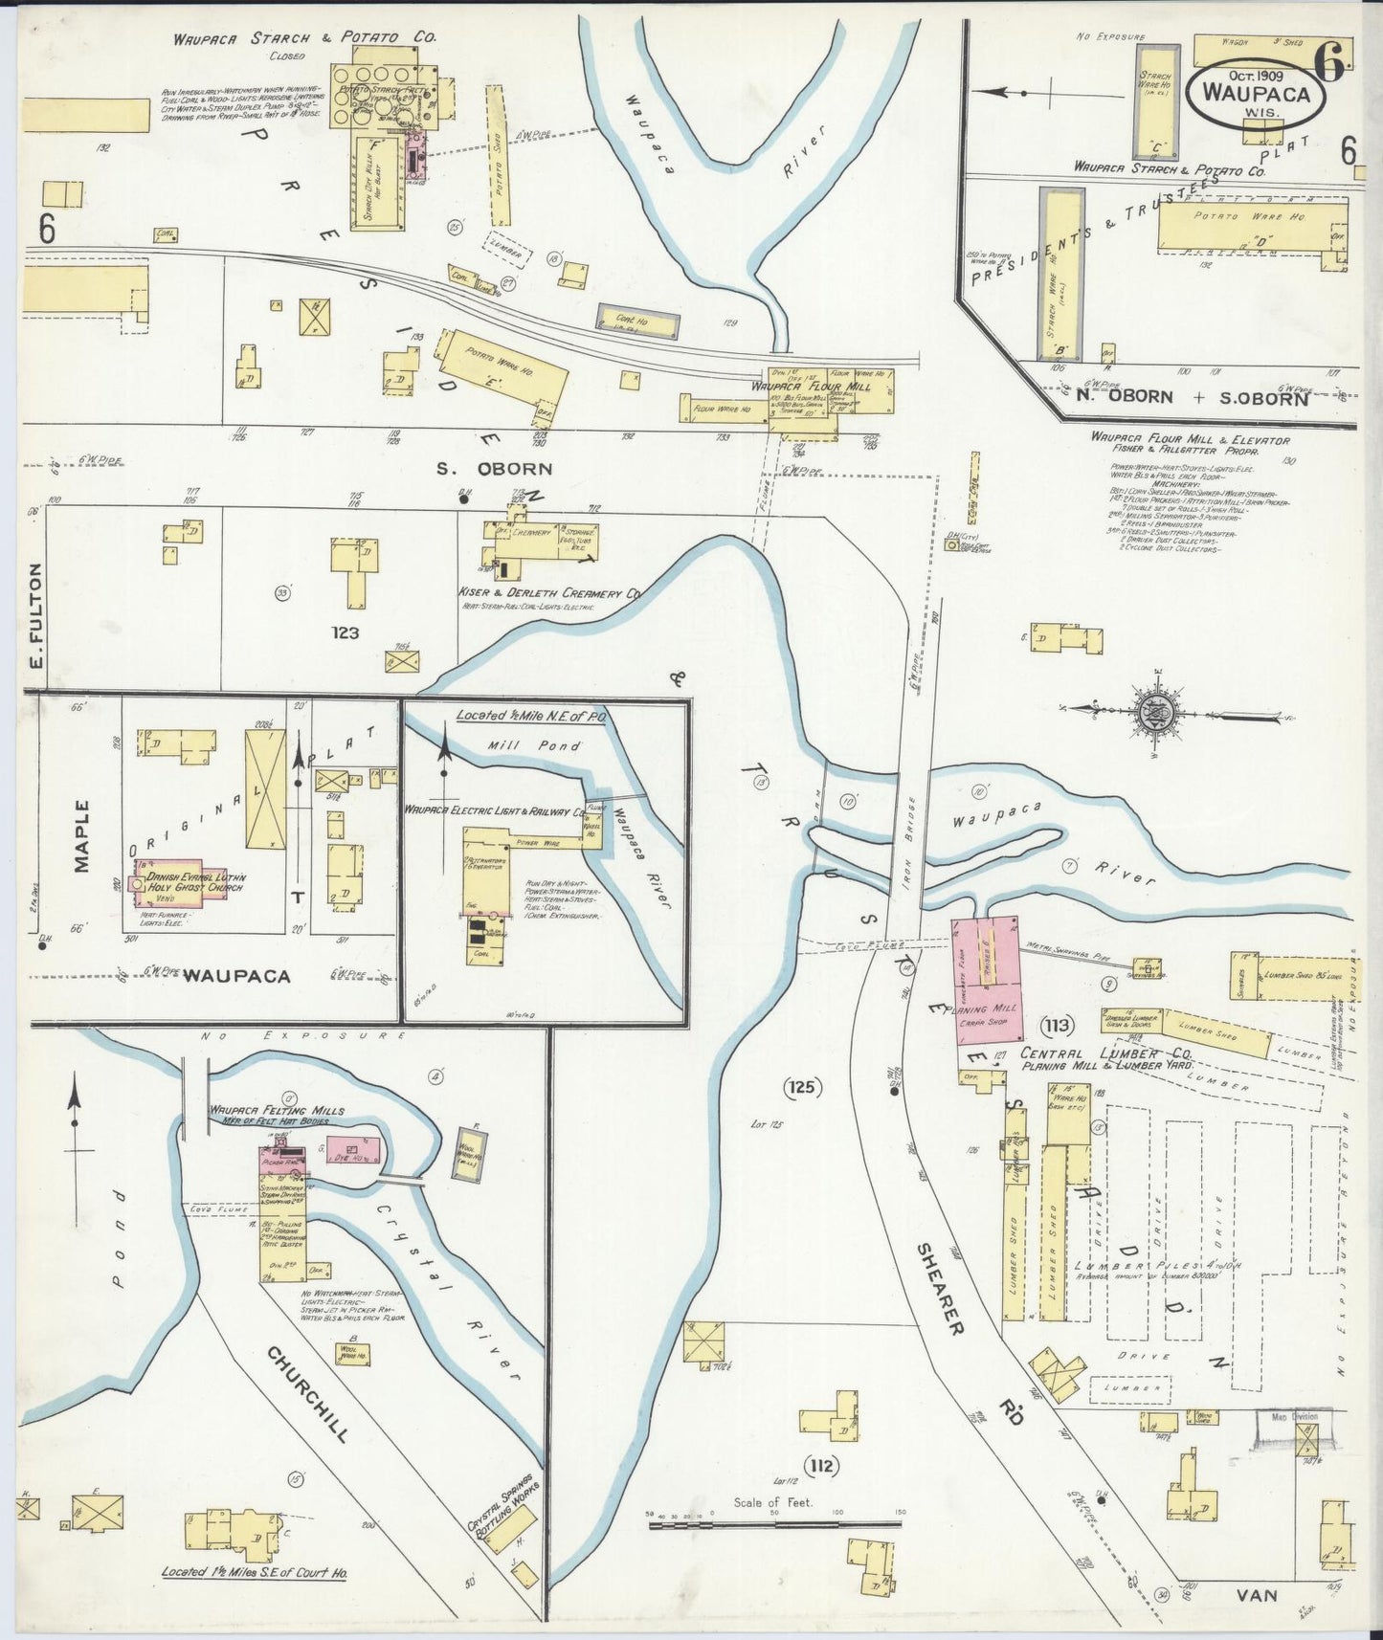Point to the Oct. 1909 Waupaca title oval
(x=1256, y=94)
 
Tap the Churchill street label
(x=306, y=1396)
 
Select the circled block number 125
(x=802, y=1087)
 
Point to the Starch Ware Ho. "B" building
(x=1060, y=273)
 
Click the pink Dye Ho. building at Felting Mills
(x=361, y=1149)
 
